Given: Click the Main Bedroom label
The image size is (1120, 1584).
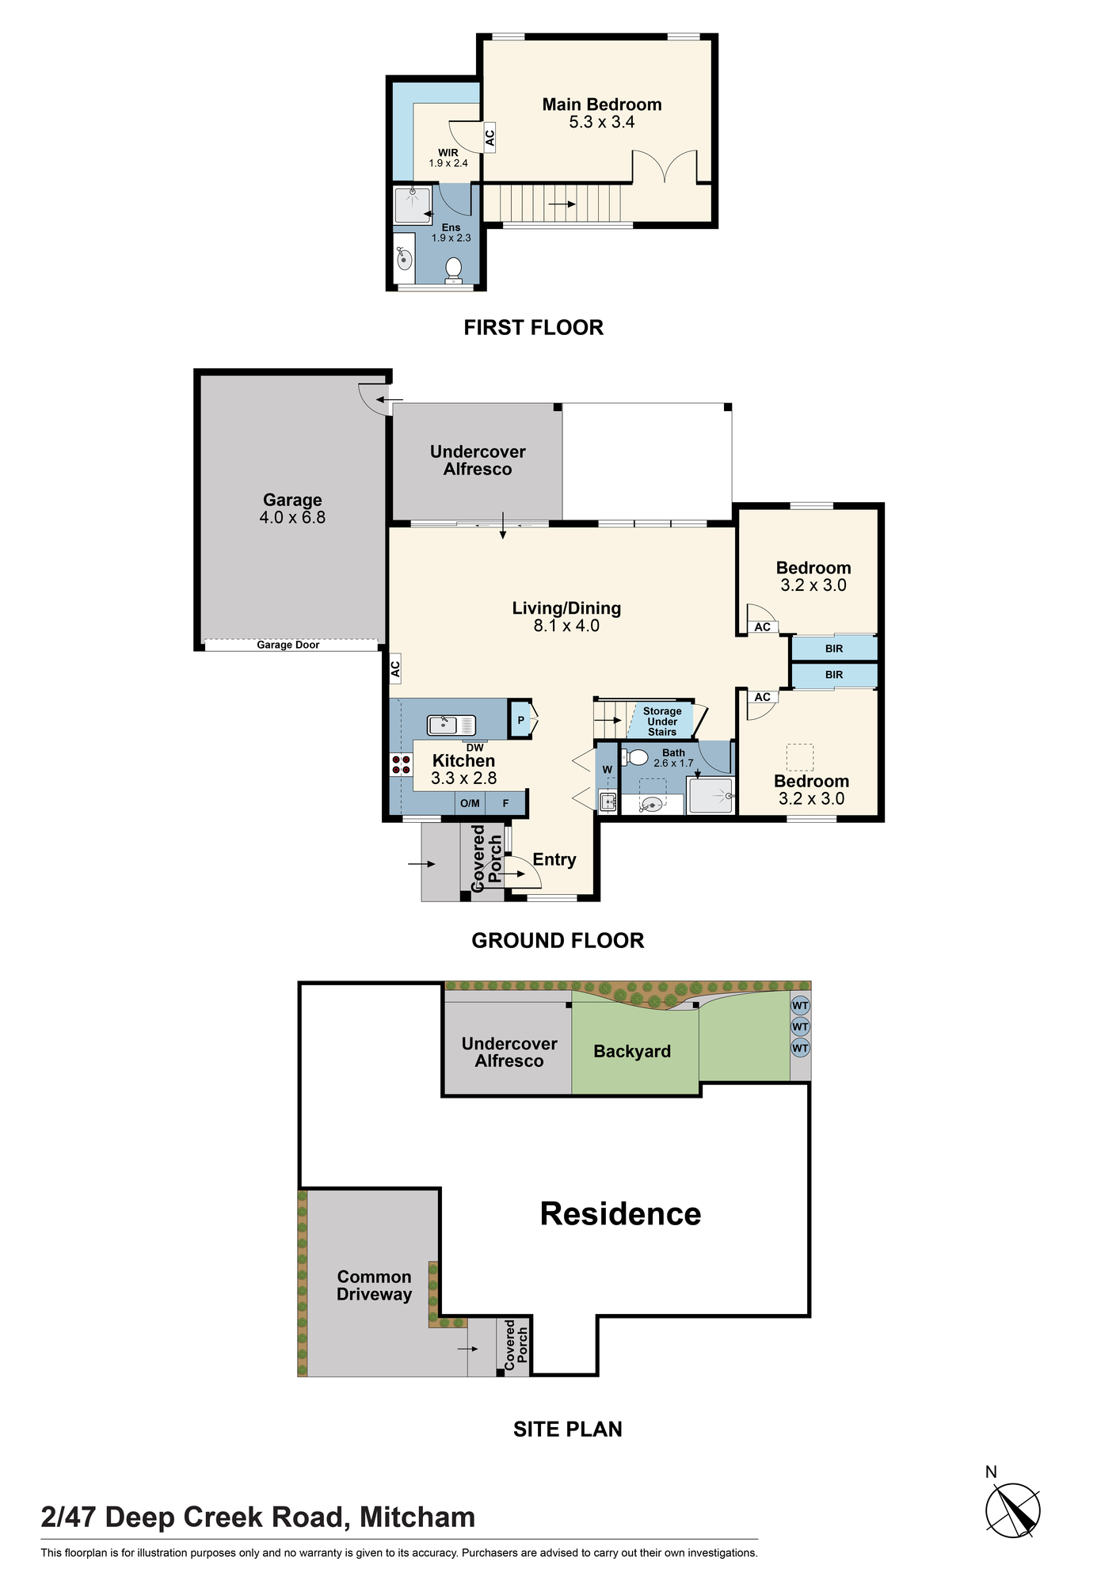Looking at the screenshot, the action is (x=602, y=105).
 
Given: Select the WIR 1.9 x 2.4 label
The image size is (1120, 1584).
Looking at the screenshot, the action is (x=448, y=158).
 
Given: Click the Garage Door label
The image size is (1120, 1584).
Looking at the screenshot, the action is (x=288, y=645).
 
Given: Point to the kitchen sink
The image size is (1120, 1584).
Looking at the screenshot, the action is (x=451, y=725).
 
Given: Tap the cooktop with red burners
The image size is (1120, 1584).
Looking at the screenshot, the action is (x=401, y=764).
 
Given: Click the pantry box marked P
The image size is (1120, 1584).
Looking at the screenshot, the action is (x=521, y=720).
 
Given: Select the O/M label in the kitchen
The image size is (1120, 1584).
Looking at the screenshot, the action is (x=470, y=803).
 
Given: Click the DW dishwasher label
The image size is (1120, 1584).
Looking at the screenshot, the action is (x=474, y=748).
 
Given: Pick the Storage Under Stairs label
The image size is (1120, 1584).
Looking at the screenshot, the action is (x=662, y=722).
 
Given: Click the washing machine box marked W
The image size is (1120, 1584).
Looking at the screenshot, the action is (x=607, y=769).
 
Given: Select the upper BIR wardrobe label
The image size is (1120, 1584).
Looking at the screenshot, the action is (x=834, y=649).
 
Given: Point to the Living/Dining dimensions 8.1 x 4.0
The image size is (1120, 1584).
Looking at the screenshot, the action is (x=566, y=626).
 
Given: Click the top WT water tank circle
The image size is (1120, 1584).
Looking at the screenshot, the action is (x=800, y=1006).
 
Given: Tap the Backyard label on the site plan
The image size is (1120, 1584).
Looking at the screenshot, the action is (x=632, y=1051).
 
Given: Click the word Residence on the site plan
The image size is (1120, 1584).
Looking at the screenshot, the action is (x=620, y=1214).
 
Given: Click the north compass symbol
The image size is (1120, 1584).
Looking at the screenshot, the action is (x=1013, y=1510).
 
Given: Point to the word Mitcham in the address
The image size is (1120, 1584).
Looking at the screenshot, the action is (x=417, y=1517).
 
